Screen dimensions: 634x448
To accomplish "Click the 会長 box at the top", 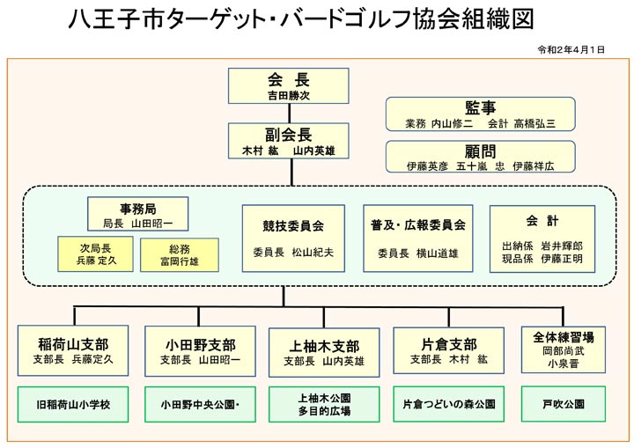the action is [x=288, y=85].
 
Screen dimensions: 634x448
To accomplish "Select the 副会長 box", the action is [x=288, y=141].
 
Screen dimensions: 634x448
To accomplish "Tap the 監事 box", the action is [x=481, y=114].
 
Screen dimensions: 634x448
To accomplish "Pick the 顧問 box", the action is [x=481, y=157].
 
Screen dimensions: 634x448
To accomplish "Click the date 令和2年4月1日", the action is [x=571, y=49].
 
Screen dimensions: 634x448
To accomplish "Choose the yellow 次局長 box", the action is [x=95, y=253].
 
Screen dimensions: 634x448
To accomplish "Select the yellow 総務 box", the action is [x=180, y=254].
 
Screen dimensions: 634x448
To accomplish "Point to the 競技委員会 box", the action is [x=293, y=239].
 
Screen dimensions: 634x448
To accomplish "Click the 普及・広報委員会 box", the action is [x=418, y=239].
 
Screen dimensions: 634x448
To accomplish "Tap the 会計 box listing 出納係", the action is [x=542, y=239].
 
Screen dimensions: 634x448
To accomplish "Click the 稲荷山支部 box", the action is [x=73, y=350].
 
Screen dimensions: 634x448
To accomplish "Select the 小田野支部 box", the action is [x=200, y=351].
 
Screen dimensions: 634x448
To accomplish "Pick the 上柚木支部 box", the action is [x=324, y=352].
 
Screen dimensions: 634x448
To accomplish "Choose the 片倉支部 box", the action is [x=449, y=350].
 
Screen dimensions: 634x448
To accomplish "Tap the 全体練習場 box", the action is [x=564, y=349].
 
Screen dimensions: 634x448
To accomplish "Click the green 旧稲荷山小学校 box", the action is [x=73, y=404].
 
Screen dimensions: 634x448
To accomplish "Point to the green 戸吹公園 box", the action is [x=564, y=404].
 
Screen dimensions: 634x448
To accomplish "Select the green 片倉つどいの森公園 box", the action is [x=449, y=404].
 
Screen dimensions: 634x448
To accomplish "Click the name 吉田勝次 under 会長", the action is [x=288, y=96].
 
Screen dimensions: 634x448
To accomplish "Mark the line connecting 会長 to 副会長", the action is [x=289, y=114].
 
